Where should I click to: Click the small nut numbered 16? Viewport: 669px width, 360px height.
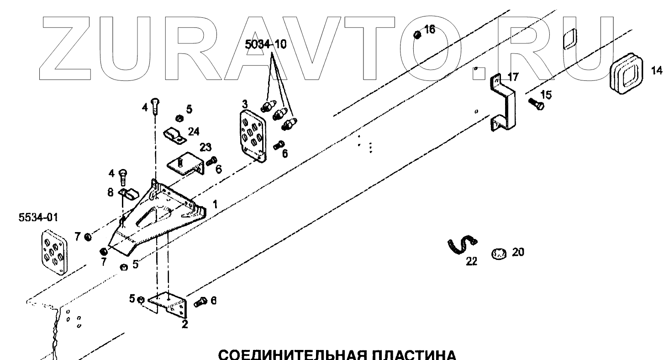click(x=417, y=34)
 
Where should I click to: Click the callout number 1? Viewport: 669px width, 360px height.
click(x=215, y=202)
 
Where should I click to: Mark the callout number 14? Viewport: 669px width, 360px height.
click(x=655, y=71)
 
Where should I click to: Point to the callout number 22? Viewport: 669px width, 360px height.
click(x=471, y=261)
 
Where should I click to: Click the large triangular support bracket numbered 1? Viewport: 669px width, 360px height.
click(x=160, y=215)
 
